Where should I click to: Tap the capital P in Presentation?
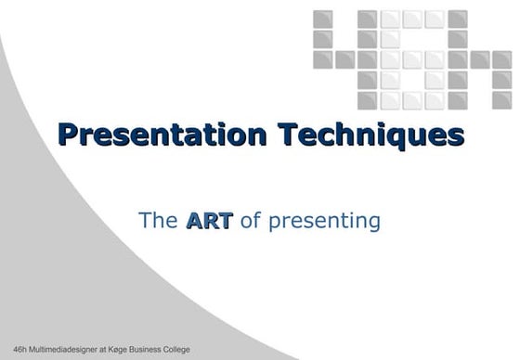pos(68,135)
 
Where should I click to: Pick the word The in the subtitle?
pos(158,221)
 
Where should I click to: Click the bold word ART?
pos(209,221)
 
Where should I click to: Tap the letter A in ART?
pos(195,221)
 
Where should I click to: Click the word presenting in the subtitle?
pos(322,222)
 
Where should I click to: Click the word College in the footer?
pos(179,350)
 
